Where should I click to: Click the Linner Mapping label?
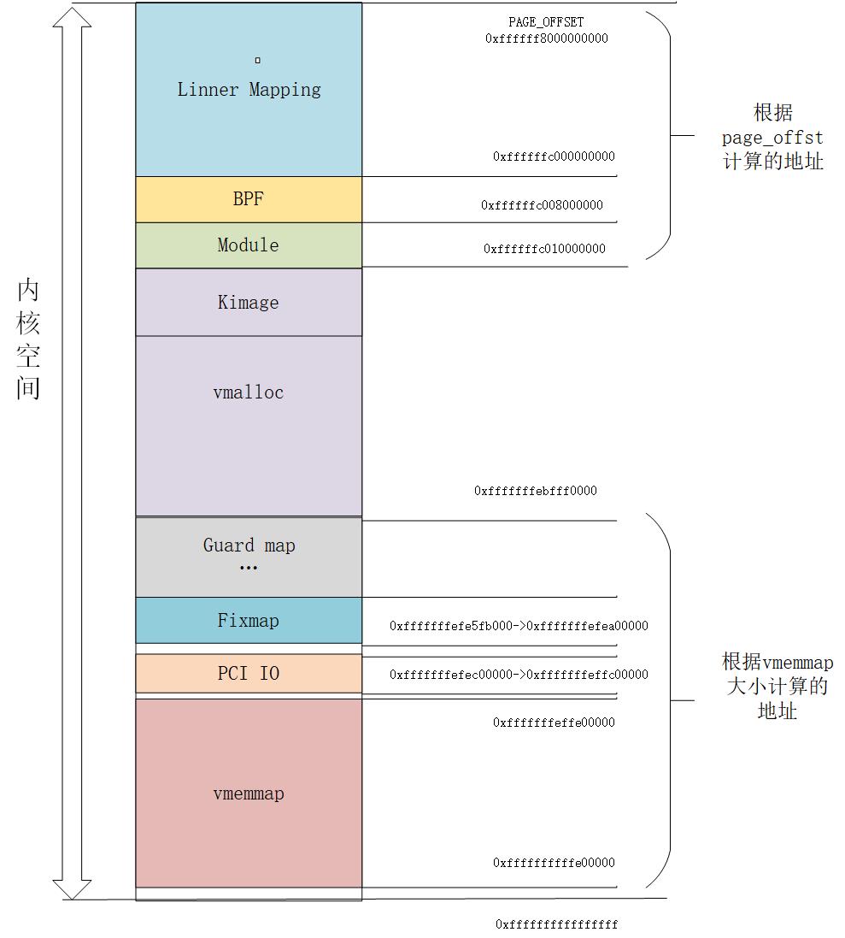[249, 90]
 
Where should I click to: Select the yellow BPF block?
[249, 199]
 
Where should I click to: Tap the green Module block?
[249, 245]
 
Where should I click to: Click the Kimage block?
[249, 303]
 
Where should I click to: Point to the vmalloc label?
[249, 392]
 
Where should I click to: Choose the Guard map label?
[249, 546]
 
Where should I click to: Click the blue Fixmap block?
[249, 621]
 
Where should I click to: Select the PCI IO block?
[249, 674]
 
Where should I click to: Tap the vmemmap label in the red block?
[249, 793]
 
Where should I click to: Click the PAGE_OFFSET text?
[546, 22]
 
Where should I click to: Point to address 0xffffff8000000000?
[546, 38]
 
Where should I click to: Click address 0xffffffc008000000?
[542, 205]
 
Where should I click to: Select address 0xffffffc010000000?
[544, 249]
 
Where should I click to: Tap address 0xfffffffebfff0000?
[536, 491]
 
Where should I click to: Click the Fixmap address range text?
[519, 626]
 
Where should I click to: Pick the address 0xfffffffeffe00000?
[554, 723]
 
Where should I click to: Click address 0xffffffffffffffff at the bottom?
[556, 924]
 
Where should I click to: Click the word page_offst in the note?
[772, 137]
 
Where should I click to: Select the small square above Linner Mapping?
[257, 60]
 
